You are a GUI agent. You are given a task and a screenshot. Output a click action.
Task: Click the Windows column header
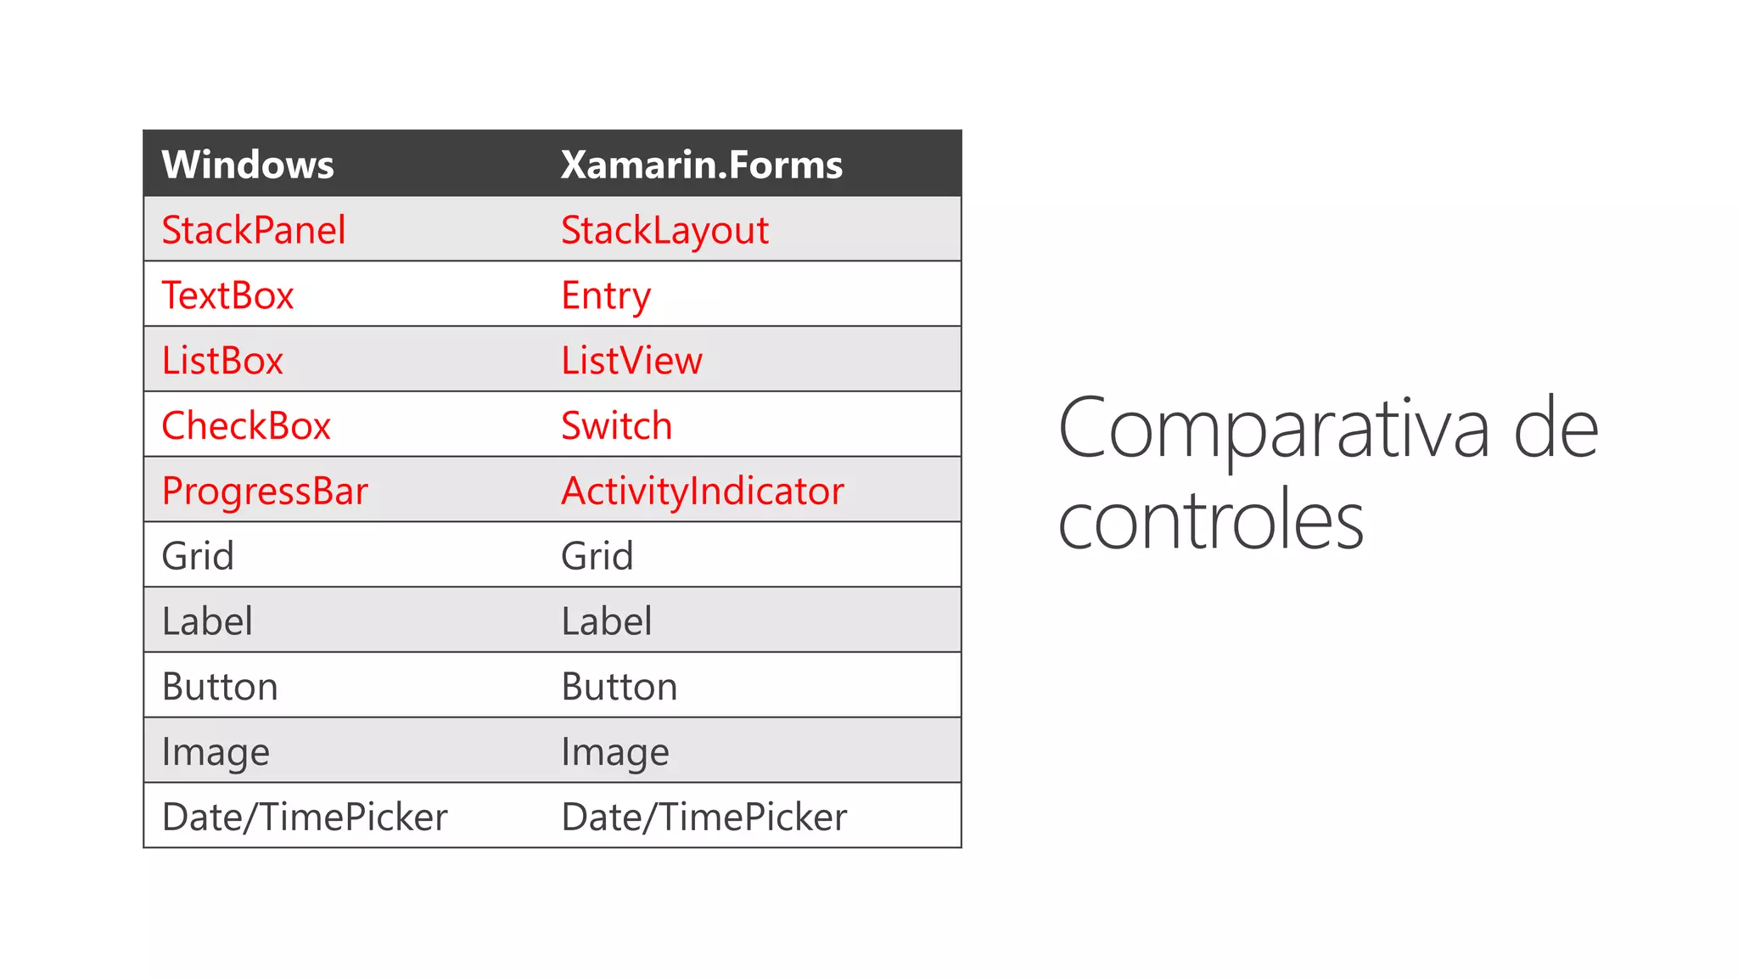(248, 165)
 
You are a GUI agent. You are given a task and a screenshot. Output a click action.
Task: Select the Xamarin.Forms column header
(701, 165)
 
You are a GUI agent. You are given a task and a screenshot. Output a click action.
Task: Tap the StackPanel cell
(254, 230)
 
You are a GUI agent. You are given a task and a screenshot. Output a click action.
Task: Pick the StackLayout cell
(664, 230)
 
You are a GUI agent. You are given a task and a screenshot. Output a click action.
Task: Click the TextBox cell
(227, 295)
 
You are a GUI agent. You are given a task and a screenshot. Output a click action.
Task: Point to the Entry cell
(606, 295)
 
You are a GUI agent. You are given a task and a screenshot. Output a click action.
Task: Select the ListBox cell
(222, 361)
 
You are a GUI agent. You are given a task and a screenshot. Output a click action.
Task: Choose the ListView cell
(631, 361)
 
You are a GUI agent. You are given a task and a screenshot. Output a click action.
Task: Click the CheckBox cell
(246, 425)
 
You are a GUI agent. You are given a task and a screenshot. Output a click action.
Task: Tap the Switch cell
(616, 425)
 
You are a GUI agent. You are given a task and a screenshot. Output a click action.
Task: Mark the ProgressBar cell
(265, 491)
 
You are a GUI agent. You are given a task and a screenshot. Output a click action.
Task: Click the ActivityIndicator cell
(703, 491)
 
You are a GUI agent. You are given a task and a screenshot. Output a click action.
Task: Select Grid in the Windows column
(198, 556)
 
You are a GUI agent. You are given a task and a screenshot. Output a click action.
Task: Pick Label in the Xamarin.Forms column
(607, 621)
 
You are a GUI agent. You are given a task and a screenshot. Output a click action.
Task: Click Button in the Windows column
(220, 686)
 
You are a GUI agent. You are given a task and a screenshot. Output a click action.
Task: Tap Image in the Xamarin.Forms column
(615, 752)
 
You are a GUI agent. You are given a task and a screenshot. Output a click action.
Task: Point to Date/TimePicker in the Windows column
(305, 817)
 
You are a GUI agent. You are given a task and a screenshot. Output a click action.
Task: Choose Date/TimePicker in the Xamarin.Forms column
(704, 817)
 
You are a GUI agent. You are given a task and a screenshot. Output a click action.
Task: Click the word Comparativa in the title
(1273, 429)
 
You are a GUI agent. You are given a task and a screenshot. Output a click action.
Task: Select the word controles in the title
(1211, 520)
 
